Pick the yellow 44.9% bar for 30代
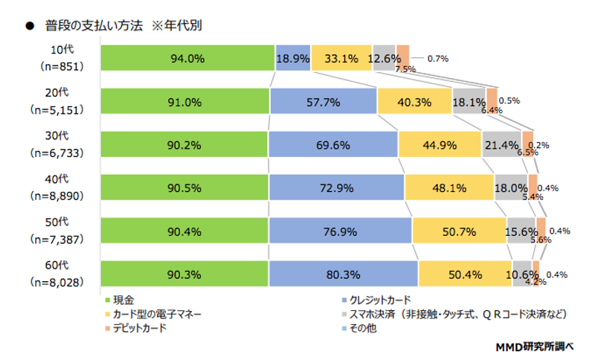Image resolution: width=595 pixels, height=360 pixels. pyautogui.click(x=440, y=145)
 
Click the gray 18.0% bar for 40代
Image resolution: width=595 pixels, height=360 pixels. pyautogui.click(x=510, y=188)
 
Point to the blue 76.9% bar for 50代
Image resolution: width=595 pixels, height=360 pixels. pyautogui.click(x=340, y=231)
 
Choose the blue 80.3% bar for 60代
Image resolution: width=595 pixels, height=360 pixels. pyautogui.click(x=344, y=274)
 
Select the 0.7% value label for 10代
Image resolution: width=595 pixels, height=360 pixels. pyautogui.click(x=437, y=58)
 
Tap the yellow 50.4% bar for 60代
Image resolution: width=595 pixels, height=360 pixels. pyautogui.click(x=465, y=274)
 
